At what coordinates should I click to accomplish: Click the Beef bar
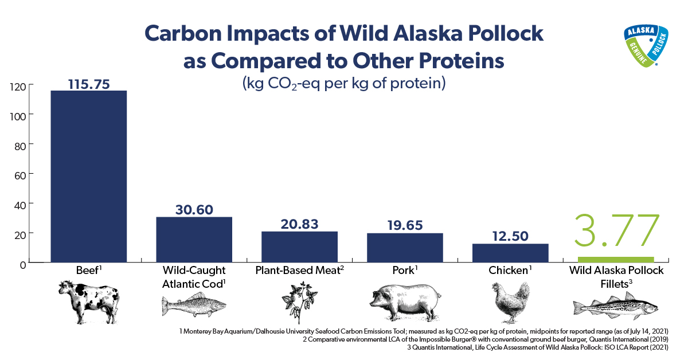88,177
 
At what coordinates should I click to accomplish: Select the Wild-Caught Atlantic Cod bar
194,240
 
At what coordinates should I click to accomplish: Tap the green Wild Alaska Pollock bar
616,260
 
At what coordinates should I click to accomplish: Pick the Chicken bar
510,253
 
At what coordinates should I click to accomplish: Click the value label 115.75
89,84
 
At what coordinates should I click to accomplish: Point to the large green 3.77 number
617,230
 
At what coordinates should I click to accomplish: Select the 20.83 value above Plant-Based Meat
299,224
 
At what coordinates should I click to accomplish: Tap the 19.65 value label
405,225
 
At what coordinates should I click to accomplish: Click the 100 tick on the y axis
18,116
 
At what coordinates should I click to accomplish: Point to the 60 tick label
20,175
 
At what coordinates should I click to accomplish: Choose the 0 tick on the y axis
23,265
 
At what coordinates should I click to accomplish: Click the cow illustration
89,302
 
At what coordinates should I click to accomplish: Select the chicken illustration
510,302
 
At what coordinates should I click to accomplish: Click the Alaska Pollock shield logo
646,46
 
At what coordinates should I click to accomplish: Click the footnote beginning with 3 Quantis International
538,347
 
